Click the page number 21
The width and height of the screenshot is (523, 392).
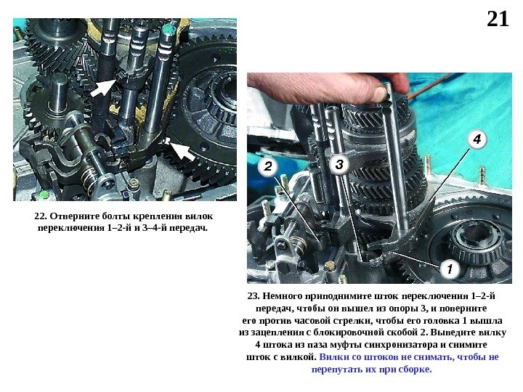tap(498, 19)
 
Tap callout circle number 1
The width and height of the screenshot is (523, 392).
tap(450, 269)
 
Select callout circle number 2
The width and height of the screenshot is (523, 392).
tap(268, 166)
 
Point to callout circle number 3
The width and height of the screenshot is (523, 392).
tap(339, 164)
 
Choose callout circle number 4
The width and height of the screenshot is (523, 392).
tap(477, 139)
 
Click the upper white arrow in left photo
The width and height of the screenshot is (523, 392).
tap(104, 87)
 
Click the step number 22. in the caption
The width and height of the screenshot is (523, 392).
tap(41, 216)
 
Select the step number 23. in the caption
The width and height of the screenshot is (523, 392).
tap(254, 296)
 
